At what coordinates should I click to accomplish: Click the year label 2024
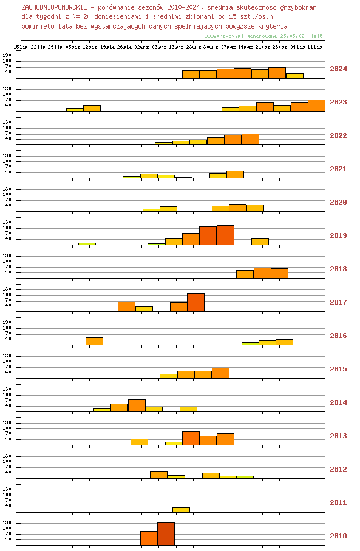pyautogui.click(x=338, y=69)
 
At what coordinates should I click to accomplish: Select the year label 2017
pyautogui.click(x=338, y=302)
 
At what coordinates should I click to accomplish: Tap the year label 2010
pyautogui.click(x=338, y=536)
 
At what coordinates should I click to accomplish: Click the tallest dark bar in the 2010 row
pyautogui.click(x=166, y=534)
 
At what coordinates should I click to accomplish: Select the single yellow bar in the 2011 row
pyautogui.click(x=181, y=510)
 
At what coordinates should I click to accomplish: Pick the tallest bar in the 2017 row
pyautogui.click(x=196, y=302)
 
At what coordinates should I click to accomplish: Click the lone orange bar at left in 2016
pyautogui.click(x=94, y=341)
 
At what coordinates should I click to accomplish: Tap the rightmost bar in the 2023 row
pyautogui.click(x=316, y=106)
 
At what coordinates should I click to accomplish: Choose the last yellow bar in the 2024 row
pyautogui.click(x=294, y=76)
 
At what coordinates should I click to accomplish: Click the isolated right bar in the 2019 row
pyautogui.click(x=260, y=242)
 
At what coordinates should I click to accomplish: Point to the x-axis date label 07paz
pyautogui.click(x=228, y=47)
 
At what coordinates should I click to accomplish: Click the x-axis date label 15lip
pyautogui.click(x=21, y=47)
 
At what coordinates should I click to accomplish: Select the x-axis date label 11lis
pyautogui.click(x=314, y=47)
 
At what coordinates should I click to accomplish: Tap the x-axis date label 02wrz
pyautogui.click(x=141, y=47)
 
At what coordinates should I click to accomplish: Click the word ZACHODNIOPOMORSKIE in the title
pyautogui.click(x=54, y=7)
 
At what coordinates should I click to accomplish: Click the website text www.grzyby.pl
pyautogui.click(x=224, y=36)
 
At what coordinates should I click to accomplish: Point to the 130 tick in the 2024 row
pyautogui.click(x=7, y=55)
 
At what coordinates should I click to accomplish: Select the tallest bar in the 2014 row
pyautogui.click(x=137, y=405)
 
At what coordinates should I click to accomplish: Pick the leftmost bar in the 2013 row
pyautogui.click(x=139, y=442)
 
